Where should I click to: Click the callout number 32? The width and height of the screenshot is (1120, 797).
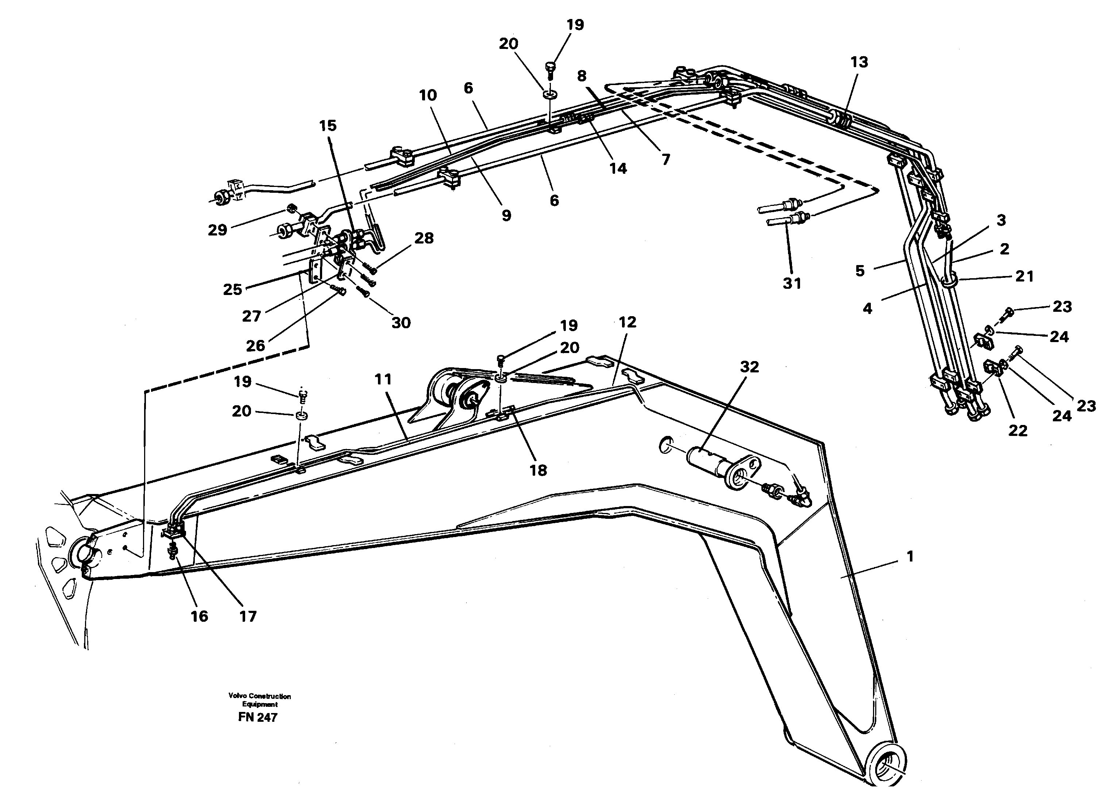749,367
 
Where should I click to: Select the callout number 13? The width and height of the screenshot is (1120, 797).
859,62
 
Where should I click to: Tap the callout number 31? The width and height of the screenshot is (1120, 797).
791,283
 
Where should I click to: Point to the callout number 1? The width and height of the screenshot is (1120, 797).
909,556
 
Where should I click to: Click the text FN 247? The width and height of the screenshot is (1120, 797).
258,717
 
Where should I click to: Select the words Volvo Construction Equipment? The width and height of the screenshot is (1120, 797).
259,700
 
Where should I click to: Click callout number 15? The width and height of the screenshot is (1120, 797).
328,126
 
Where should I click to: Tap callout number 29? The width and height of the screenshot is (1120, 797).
217,230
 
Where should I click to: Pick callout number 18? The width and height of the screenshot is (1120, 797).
538,470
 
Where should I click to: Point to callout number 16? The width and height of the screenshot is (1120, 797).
199,616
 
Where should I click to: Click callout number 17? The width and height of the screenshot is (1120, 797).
248,616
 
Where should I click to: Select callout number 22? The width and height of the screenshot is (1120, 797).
1017,430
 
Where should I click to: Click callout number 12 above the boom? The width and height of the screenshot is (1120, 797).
627,322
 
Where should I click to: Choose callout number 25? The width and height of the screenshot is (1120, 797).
232,290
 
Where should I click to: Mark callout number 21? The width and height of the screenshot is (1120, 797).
1024,277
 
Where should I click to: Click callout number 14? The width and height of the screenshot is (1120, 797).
618,168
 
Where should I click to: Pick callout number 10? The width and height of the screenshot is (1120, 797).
428,95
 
